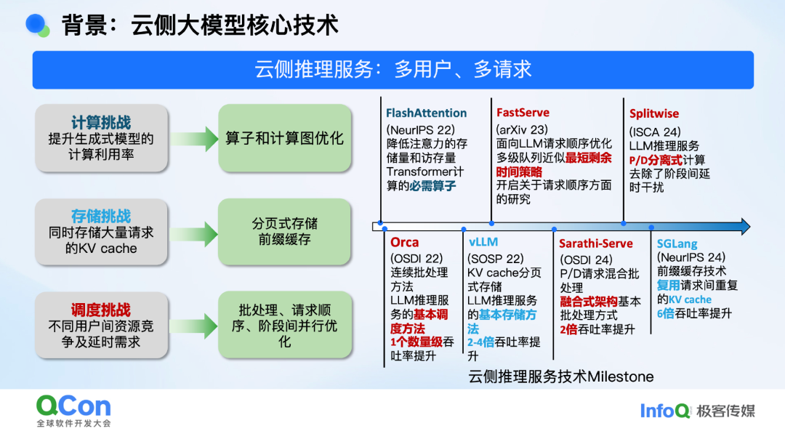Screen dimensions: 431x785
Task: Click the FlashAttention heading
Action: [426, 113]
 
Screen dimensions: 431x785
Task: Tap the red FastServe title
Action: [523, 113]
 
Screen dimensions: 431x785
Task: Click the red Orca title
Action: [404, 242]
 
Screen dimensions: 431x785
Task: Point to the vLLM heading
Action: [483, 242]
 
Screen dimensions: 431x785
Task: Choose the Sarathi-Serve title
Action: [596, 243]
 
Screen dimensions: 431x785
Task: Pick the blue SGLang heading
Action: [677, 243]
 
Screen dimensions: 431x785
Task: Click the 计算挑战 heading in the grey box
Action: [101, 122]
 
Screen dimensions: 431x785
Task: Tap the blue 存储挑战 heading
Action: [101, 216]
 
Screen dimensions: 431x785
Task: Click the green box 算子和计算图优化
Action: [284, 138]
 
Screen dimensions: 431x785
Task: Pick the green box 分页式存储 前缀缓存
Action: [284, 231]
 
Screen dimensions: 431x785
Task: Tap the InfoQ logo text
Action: [664, 411]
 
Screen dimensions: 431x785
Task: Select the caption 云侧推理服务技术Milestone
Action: [560, 376]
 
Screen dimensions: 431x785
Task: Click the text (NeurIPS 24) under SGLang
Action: [691, 257]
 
